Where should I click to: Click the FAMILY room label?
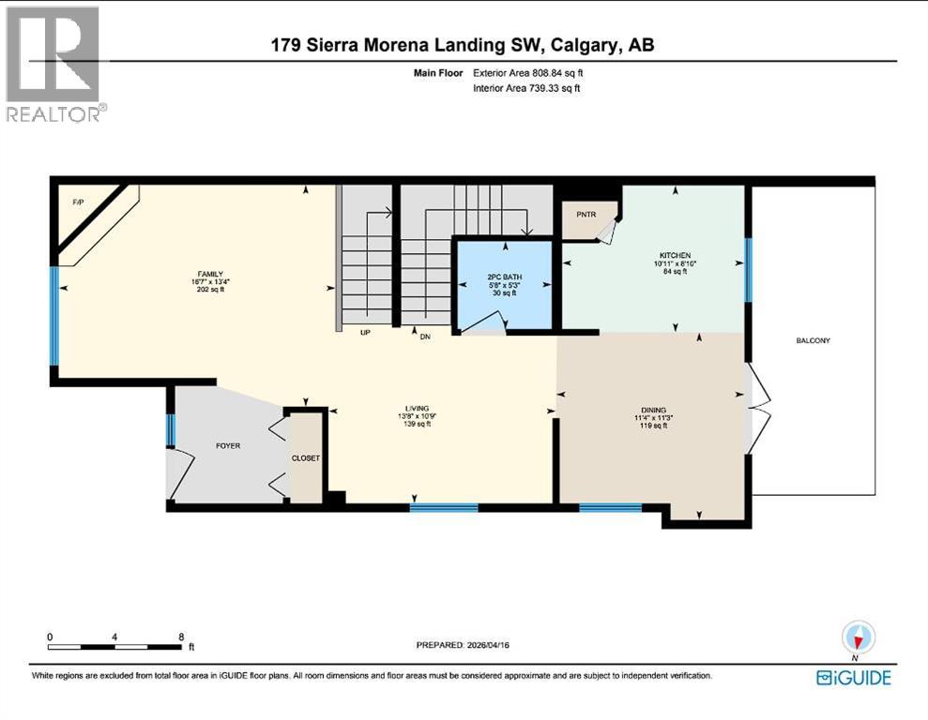tap(209, 274)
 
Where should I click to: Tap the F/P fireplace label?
tap(78, 202)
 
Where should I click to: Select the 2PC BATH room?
tap(503, 280)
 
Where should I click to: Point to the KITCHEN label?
tap(675, 255)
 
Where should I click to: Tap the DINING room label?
tap(653, 410)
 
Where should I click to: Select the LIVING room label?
tap(417, 409)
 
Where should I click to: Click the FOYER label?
tap(228, 446)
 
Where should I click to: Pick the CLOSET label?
tap(306, 458)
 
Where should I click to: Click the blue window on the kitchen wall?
tap(748, 270)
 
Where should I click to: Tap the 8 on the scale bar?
tap(181, 637)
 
